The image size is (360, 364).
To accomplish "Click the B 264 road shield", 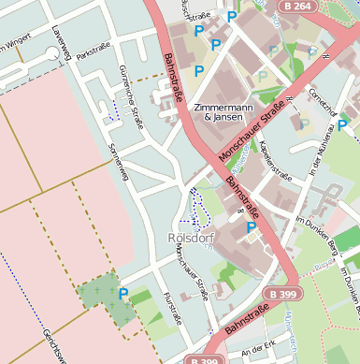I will click(x=295, y=7).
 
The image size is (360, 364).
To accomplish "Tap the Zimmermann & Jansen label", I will click(x=222, y=113).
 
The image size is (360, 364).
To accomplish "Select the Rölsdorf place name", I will click(x=186, y=238).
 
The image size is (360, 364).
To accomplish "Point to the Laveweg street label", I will click(x=64, y=42).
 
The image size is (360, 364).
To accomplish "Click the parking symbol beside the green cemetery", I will click(x=123, y=294).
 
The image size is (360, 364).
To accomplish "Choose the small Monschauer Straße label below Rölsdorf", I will click(x=191, y=281).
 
